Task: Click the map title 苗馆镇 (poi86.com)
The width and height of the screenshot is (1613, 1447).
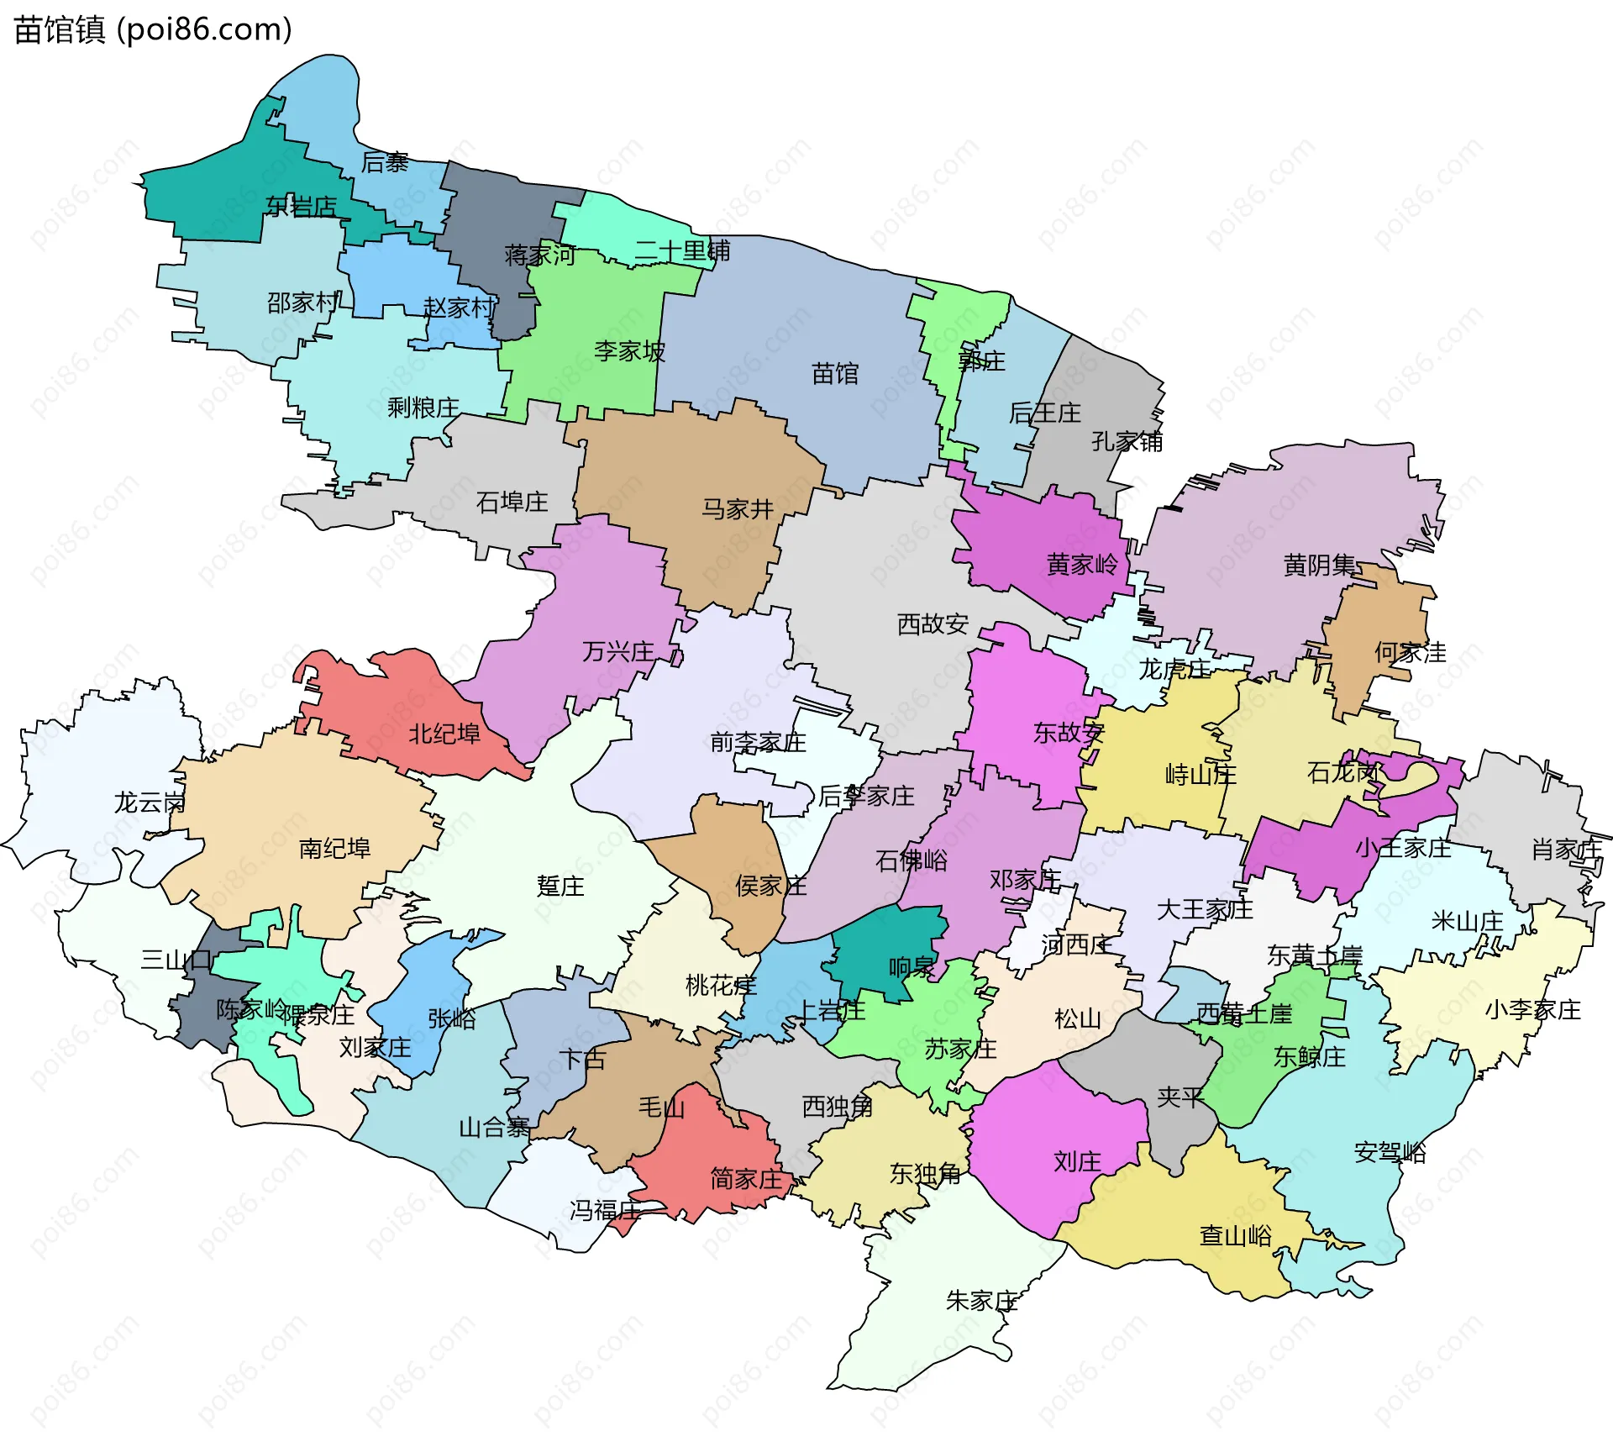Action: pos(153,29)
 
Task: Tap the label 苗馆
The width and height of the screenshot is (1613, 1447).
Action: pos(835,374)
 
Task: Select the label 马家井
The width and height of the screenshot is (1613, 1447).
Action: pos(737,509)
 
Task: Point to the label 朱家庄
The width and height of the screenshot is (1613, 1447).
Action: pos(981,1301)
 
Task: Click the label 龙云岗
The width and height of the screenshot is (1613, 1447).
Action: pos(150,802)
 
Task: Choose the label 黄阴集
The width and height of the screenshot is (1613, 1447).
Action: pos(1319,566)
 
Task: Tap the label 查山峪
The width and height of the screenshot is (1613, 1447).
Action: pos(1235,1235)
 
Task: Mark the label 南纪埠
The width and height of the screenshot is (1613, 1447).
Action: pos(334,849)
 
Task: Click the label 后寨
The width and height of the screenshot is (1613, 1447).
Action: pos(384,162)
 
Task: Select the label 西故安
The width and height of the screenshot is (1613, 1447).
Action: pos(933,624)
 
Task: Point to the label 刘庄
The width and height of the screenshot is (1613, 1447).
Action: pos(1077,1162)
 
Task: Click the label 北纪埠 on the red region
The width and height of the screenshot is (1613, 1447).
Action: pos(444,734)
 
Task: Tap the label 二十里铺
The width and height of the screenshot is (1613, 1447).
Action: pos(681,250)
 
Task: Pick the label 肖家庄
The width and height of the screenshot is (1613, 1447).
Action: pos(1566,850)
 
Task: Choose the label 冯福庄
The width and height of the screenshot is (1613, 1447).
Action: pos(605,1210)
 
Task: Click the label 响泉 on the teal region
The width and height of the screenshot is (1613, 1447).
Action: pos(911,967)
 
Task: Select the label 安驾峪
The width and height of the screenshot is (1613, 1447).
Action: pos(1390,1152)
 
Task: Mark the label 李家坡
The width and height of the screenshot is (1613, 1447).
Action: pos(629,351)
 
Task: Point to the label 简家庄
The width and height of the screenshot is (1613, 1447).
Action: pos(746,1179)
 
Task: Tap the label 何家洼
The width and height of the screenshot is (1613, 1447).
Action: pos(1410,652)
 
